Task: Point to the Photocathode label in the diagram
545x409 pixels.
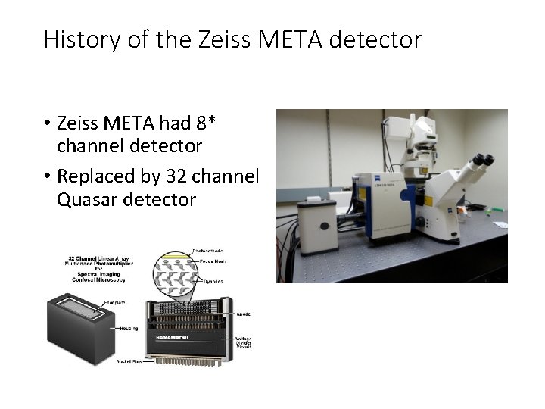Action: tap(207, 251)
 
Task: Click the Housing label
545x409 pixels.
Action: tap(128, 329)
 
